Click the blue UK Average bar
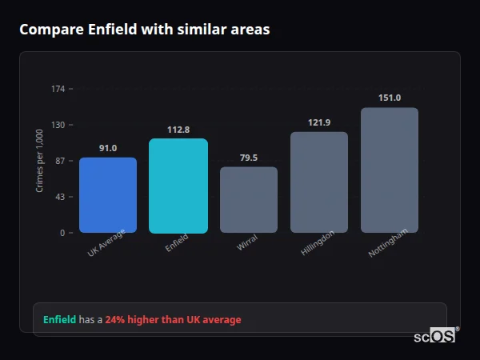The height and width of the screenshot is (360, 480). pos(108,195)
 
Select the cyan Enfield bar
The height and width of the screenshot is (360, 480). pos(178,186)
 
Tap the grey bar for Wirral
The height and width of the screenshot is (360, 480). pos(249,200)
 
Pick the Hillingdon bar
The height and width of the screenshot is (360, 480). pos(318,182)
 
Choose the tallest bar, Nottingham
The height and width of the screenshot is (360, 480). pos(390,170)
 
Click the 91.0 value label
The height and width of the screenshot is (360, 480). pos(108,148)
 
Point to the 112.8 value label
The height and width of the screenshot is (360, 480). pos(178,130)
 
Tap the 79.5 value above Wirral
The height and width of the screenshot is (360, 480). pos(249,158)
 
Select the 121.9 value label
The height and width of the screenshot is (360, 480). pos(318,122)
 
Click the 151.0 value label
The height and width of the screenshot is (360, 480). pos(390,98)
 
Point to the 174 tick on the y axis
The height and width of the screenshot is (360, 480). pos(58,89)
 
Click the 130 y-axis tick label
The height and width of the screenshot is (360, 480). pos(58,125)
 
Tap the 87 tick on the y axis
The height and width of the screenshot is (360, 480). pos(61,161)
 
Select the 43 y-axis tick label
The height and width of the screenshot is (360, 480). pos(61,197)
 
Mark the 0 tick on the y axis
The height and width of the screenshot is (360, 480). pos(62,233)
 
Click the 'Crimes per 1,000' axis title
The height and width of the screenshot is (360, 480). pos(40,161)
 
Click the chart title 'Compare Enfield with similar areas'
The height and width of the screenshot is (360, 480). pos(145,30)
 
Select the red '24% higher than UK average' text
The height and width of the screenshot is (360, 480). pos(173,320)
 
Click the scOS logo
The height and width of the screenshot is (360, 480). pos(435,336)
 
